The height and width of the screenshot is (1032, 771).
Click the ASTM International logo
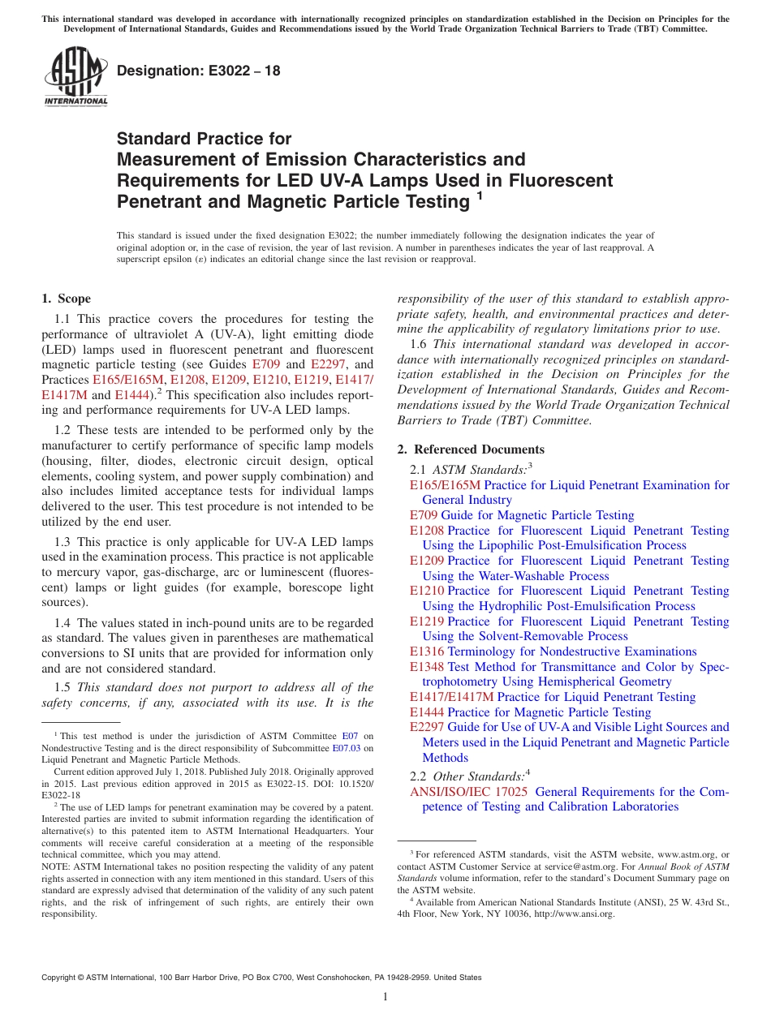click(75, 77)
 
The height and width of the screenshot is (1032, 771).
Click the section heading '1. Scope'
click(66, 299)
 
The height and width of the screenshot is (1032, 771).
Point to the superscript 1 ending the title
click(480, 196)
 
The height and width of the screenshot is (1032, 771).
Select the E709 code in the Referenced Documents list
click(424, 515)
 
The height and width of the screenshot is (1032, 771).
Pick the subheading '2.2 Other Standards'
click(469, 776)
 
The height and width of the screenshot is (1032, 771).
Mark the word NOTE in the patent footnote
click(55, 866)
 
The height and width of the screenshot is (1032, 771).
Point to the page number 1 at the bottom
click(385, 997)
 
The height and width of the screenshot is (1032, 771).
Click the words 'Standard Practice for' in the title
click(204, 139)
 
